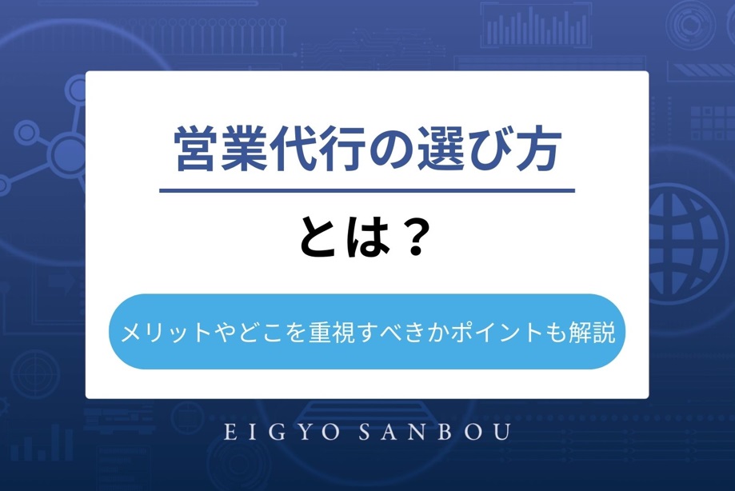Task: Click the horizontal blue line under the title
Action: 367,190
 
